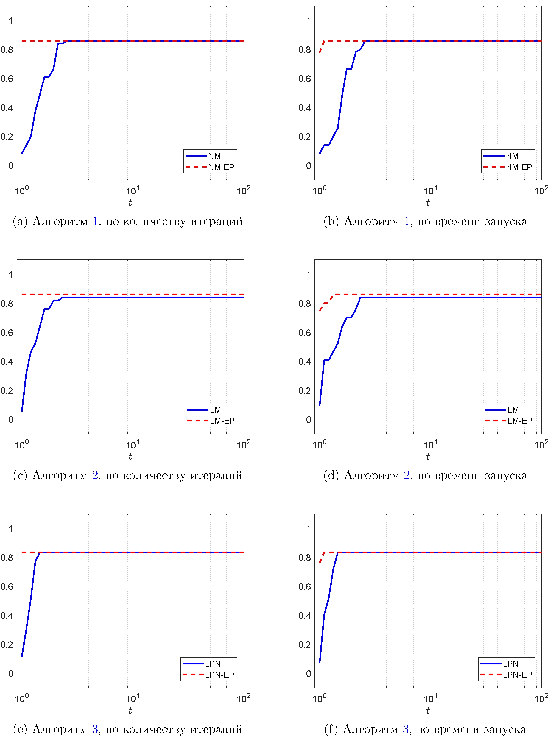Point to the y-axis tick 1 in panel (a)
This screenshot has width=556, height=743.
pos(11,21)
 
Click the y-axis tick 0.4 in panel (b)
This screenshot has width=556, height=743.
pos(304,108)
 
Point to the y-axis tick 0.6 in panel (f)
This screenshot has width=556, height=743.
pos(304,586)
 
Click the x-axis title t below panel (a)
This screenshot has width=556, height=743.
pos(130,203)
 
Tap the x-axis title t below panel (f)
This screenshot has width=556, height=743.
pos(428,711)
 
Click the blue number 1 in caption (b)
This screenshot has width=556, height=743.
pos(407,221)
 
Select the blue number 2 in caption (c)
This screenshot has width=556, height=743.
pos(95,475)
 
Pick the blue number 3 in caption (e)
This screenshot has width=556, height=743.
pos(95,729)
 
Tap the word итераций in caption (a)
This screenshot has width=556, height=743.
pos(217,221)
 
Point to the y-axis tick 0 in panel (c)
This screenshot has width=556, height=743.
pos(11,420)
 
